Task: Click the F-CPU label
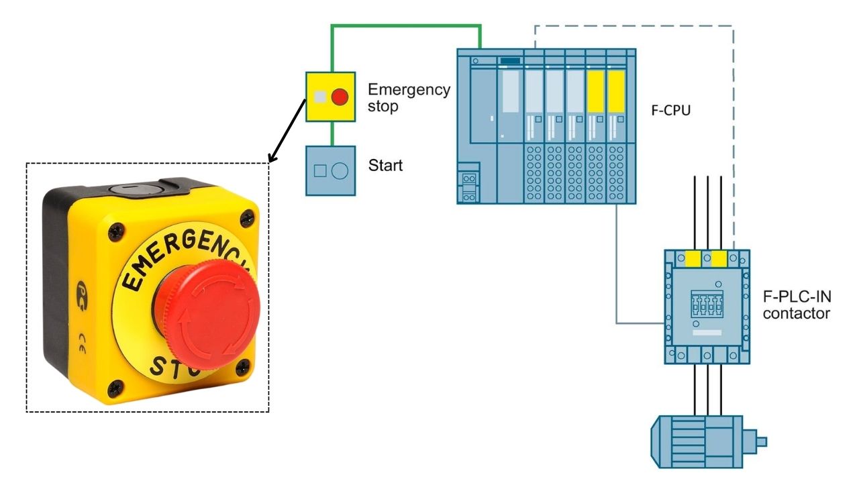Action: point(670,111)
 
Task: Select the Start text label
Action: point(385,164)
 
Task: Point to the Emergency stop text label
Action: point(409,97)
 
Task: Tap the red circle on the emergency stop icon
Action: point(340,97)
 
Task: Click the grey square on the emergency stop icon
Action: point(321,97)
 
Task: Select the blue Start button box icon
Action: point(330,170)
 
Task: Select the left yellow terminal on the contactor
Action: point(693,258)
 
